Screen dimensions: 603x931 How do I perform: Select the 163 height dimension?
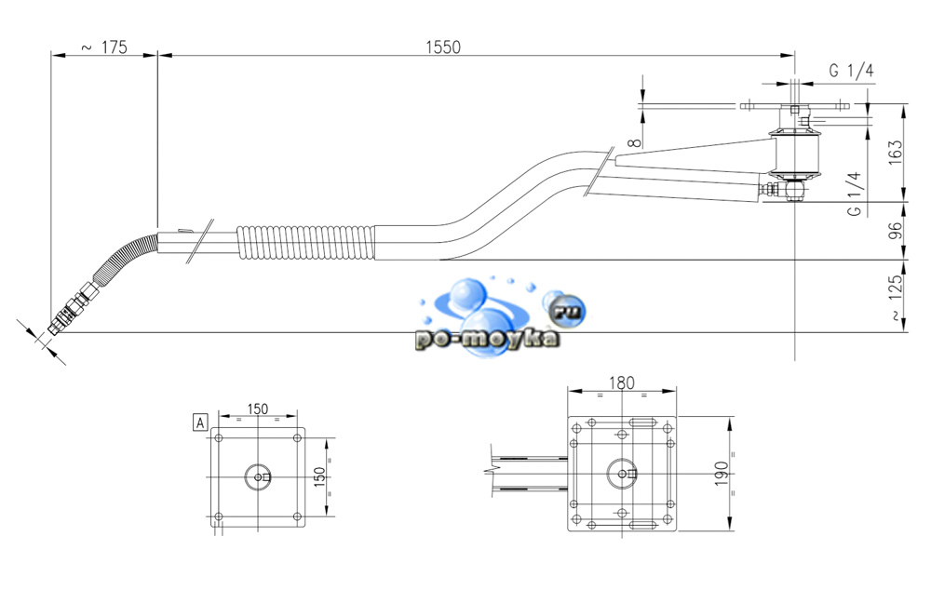(x=896, y=151)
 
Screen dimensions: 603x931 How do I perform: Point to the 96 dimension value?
(x=896, y=230)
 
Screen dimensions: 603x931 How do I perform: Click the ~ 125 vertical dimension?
(x=896, y=298)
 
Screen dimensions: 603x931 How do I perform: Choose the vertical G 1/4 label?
(x=853, y=194)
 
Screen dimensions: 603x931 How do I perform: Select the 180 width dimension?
(x=622, y=382)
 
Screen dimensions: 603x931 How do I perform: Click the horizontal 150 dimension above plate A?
(x=258, y=409)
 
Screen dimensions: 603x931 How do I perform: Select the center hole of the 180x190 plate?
(x=621, y=473)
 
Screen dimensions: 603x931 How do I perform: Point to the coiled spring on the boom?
(x=307, y=242)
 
